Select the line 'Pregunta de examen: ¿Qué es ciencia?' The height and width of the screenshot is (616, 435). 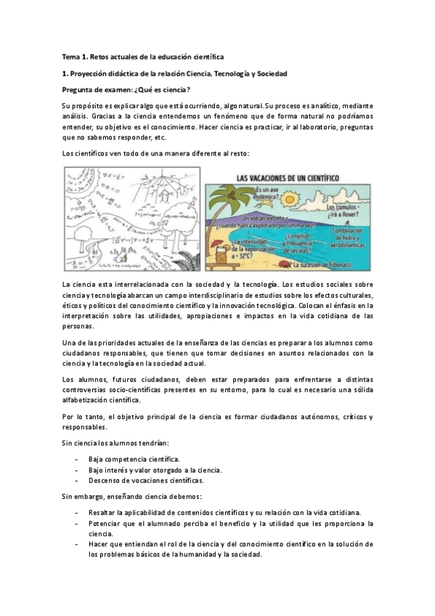tap(126, 90)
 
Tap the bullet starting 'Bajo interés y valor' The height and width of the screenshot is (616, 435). tap(155, 470)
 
